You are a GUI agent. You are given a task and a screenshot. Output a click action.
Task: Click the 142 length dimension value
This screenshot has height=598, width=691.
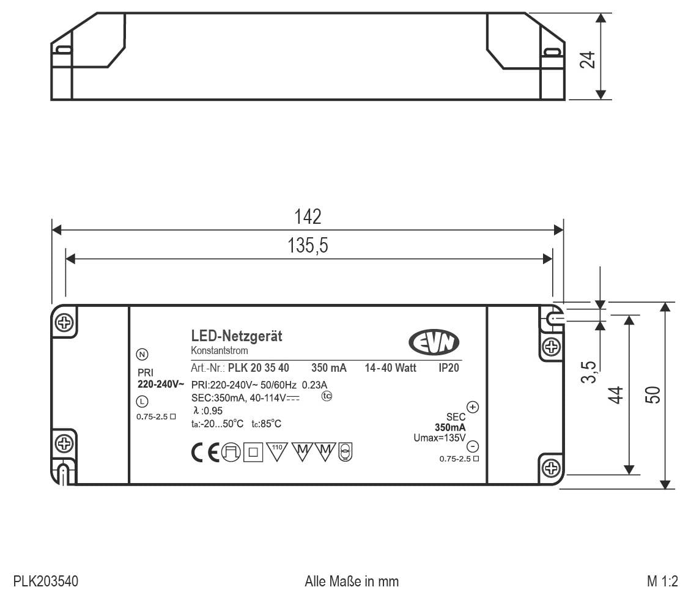[x=308, y=216]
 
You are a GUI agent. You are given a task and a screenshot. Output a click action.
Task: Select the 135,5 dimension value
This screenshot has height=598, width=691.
[x=308, y=246]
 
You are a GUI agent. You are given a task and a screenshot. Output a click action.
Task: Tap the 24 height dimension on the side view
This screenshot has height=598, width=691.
[x=588, y=59]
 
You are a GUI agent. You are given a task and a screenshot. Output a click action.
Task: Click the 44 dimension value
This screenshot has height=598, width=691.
[x=617, y=394]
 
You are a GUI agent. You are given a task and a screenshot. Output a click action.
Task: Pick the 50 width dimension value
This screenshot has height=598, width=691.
[x=652, y=394]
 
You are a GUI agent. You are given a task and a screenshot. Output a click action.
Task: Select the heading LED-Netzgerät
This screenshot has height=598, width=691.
[x=237, y=336]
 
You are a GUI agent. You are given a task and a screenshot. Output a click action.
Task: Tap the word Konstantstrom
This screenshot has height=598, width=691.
[x=220, y=350]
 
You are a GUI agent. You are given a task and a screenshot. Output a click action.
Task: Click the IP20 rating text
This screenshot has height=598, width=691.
[x=448, y=368]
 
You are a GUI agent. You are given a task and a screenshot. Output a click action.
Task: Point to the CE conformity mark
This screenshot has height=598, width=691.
[x=205, y=453]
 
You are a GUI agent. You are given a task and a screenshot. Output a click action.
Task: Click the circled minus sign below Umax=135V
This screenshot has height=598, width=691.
[x=472, y=446]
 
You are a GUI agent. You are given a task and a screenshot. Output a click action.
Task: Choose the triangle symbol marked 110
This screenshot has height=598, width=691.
[x=277, y=451]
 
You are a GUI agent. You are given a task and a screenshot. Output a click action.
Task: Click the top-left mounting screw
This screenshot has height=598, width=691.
[x=62, y=322]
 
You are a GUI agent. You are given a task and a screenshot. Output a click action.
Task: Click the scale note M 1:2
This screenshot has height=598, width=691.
[x=662, y=580]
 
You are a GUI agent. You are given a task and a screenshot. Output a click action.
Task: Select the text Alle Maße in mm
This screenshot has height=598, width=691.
[x=352, y=580]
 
